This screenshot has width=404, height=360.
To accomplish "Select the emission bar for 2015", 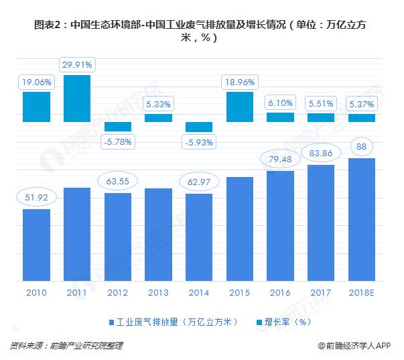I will click(x=240, y=229).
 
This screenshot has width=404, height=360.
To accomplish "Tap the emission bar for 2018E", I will click(x=362, y=219).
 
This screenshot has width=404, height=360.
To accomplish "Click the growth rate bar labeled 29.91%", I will click(x=78, y=99).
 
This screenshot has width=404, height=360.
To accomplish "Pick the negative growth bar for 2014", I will click(x=199, y=127).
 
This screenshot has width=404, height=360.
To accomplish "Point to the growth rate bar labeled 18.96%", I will click(x=240, y=107).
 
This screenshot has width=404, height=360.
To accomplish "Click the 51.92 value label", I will click(x=37, y=197).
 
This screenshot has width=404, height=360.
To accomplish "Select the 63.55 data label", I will click(x=119, y=181).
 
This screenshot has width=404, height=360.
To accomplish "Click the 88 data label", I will click(x=362, y=146).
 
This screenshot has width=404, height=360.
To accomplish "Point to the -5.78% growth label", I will click(x=119, y=141).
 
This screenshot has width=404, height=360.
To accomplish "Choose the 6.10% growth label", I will click(x=281, y=103).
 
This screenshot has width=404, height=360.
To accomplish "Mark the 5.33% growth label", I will click(x=159, y=104).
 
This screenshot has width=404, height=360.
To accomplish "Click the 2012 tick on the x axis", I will click(x=119, y=293).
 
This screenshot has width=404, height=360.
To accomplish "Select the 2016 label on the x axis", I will click(x=281, y=293).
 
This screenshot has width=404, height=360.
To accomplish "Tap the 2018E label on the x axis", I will click(x=362, y=293).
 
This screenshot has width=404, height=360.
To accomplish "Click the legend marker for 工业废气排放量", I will click(x=111, y=321).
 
